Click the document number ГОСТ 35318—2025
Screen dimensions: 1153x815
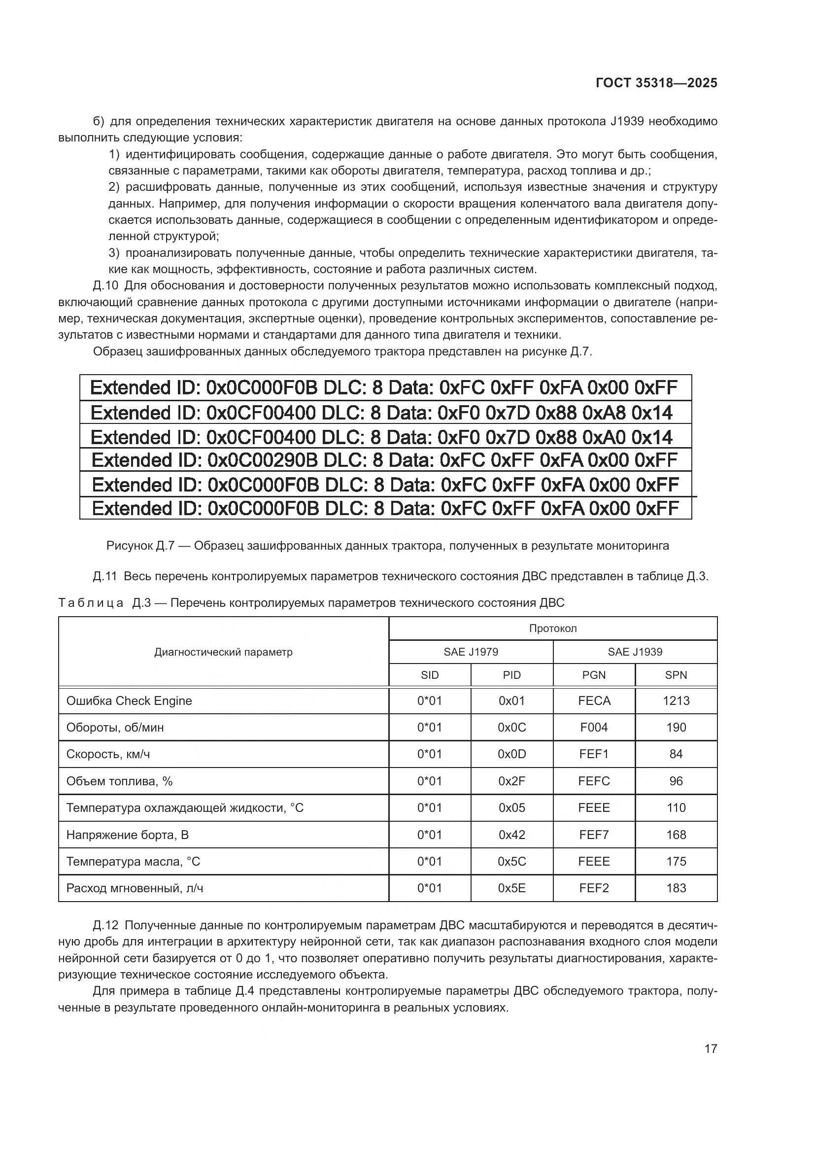coord(656,83)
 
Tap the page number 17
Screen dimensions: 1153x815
coord(711,1048)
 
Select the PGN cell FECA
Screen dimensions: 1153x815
coord(594,700)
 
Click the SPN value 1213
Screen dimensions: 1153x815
coord(676,700)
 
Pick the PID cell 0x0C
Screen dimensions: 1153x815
coord(511,727)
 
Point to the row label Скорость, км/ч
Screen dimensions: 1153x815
coord(108,754)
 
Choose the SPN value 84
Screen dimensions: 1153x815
coord(676,754)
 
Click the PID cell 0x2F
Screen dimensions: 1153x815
coord(511,781)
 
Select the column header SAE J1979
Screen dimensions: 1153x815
coord(471,652)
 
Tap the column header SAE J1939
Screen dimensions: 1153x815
coord(635,652)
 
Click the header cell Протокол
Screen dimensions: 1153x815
coord(553,628)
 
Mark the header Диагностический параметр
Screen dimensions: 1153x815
coord(223,652)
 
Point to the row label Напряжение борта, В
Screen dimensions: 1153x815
coord(128,835)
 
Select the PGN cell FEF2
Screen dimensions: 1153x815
coord(594,888)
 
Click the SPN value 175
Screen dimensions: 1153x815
coord(676,861)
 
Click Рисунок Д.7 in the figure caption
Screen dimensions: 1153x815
coord(140,545)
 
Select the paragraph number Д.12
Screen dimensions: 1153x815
coord(105,925)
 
